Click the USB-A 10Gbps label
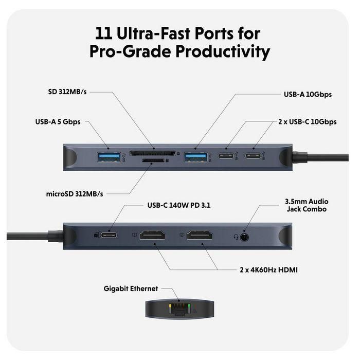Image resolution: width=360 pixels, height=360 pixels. [x=308, y=95]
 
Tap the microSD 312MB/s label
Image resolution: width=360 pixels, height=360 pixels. [x=75, y=193]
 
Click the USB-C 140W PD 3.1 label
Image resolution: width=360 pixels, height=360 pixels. [x=175, y=205]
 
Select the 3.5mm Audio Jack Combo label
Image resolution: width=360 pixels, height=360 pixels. [x=306, y=205]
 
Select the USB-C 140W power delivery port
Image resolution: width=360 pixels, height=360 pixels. [x=109, y=236]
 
